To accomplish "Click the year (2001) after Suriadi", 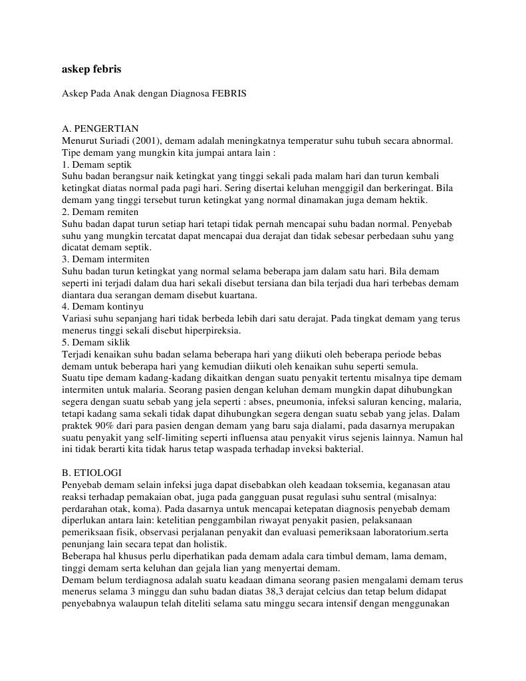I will (144, 140).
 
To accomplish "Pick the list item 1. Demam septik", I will (96, 164).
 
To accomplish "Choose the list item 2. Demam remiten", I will (100, 212).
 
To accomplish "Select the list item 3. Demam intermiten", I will (105, 259).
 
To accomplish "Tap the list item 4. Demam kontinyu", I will (102, 307).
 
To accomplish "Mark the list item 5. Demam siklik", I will (96, 342).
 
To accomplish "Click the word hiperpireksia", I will (205, 330).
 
